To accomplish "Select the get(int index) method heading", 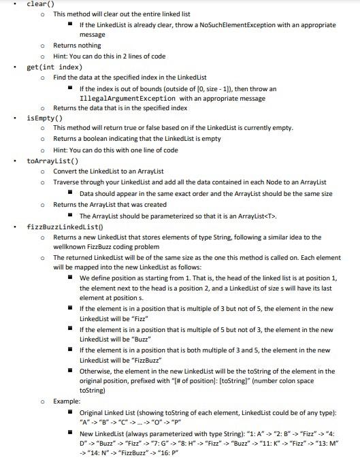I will click(x=54, y=67).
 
